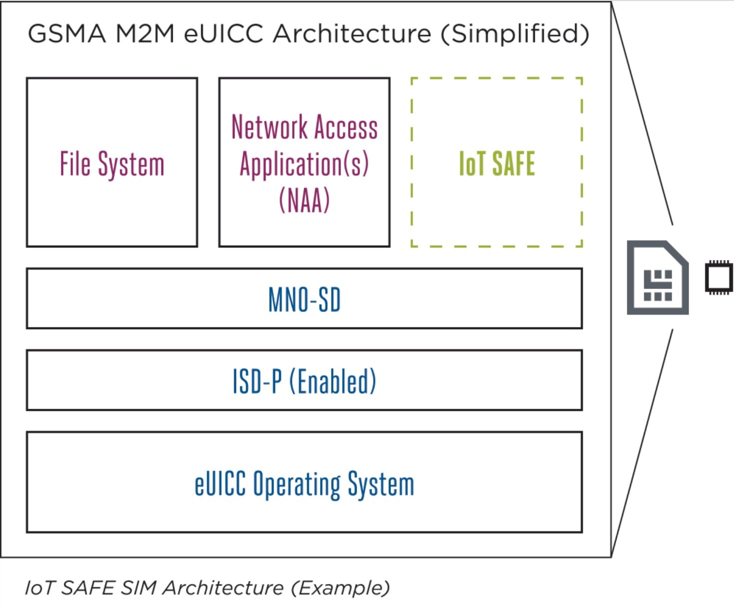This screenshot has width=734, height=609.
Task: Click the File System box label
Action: tap(112, 164)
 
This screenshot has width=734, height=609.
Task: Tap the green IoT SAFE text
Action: tap(497, 164)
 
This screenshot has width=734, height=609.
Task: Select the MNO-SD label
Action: tap(304, 300)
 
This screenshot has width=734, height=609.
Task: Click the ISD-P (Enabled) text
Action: tap(304, 381)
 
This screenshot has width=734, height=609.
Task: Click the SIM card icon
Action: tap(658, 278)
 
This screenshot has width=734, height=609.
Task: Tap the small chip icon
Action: tap(719, 277)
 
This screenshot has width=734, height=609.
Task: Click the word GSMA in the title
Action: tap(67, 34)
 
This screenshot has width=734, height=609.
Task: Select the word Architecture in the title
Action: tap(352, 34)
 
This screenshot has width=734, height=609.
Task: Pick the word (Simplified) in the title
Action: tap(515, 34)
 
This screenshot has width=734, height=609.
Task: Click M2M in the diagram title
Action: tap(145, 34)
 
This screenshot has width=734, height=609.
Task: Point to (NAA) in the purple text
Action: tap(304, 200)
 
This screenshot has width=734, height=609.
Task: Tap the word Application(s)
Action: tap(304, 164)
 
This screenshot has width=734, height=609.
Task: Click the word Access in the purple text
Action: tap(346, 127)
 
